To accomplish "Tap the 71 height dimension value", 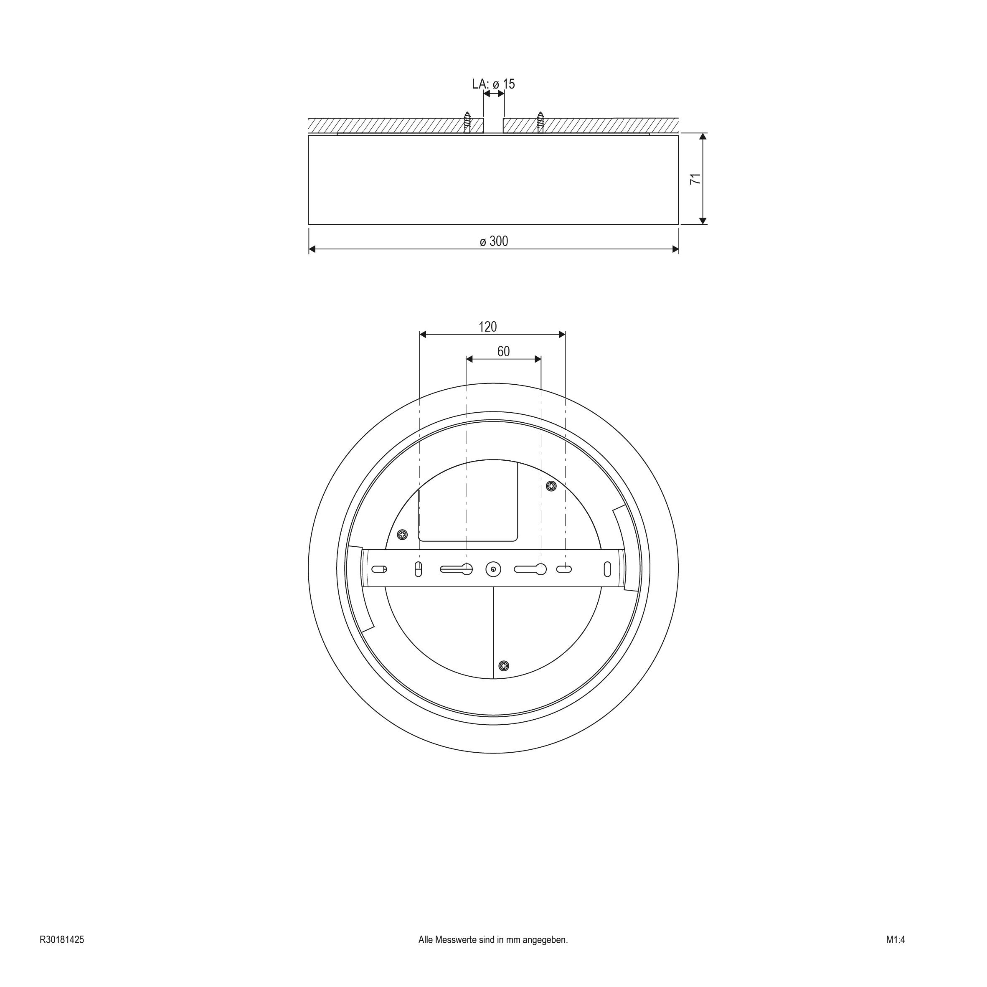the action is click(x=695, y=179).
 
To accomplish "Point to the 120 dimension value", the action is click(x=487, y=327).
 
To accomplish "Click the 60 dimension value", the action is click(x=503, y=351).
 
